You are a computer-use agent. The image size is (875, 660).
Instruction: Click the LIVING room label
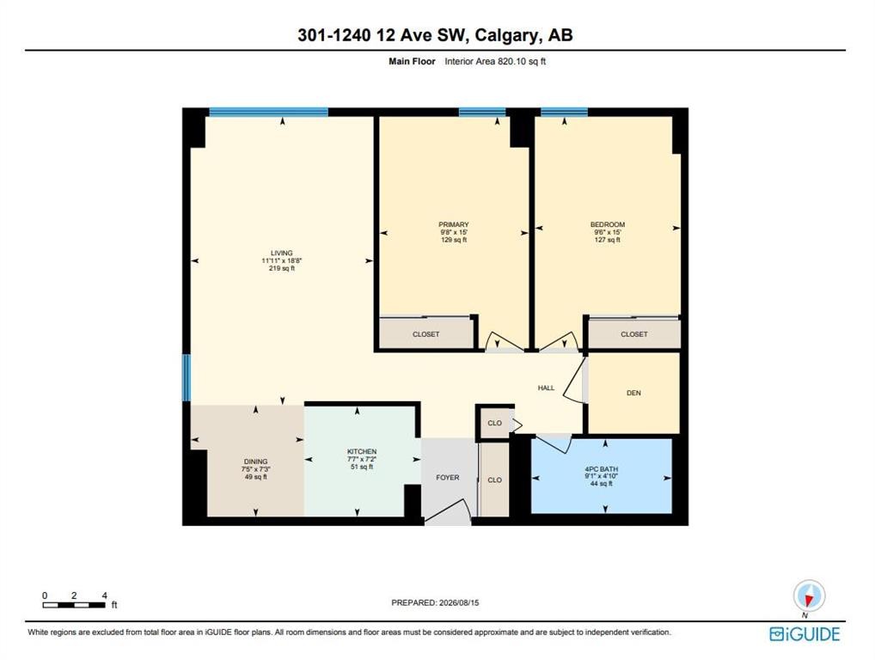coord(282,253)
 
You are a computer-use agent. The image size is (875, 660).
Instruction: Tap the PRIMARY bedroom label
coord(454,224)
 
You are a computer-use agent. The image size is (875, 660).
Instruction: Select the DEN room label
coord(634,393)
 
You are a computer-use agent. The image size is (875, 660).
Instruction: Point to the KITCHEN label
coord(362,451)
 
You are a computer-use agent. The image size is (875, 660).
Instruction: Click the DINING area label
coord(255,461)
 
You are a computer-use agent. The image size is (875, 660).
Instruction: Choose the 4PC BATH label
coord(602,469)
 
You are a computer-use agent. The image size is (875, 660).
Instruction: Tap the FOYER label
coord(448,478)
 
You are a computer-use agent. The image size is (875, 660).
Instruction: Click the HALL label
coord(547,388)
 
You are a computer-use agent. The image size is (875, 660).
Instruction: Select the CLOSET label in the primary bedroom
coord(425,334)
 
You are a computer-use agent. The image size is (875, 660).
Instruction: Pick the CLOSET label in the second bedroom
coord(634,334)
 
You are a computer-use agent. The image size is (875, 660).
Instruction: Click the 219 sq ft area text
coord(282,268)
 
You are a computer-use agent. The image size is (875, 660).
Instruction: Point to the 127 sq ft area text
coord(608,240)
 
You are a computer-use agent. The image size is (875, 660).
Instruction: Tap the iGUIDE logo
coord(805,634)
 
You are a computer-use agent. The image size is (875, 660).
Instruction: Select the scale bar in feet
coord(74,605)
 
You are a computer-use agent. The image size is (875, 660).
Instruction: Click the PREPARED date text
coord(435,602)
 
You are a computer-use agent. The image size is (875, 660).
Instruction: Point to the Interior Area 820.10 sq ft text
coord(495,61)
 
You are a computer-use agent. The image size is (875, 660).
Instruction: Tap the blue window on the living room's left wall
coord(187,378)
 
